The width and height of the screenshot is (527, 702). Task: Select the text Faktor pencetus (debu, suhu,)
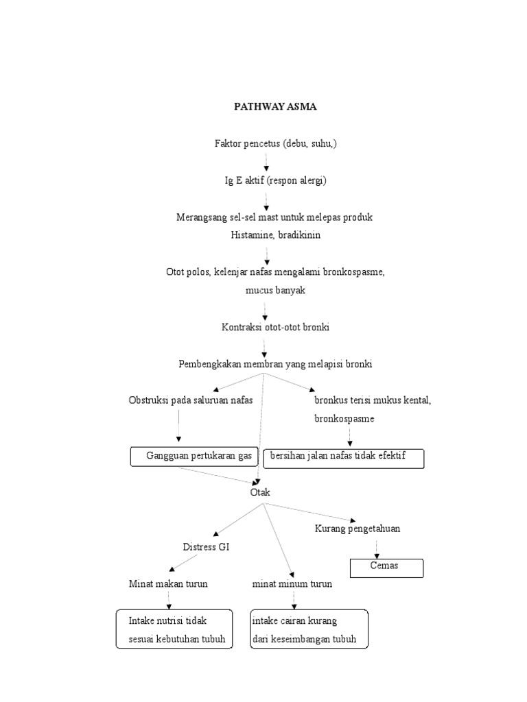coord(275,144)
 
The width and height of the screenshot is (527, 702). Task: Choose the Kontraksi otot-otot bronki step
coord(275,328)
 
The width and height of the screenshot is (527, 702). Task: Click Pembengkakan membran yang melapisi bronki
coord(275,364)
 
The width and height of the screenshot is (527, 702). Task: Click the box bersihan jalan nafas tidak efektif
coord(344,458)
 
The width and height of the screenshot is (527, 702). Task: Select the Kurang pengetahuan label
coord(358,529)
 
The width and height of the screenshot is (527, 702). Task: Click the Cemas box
coord(386,568)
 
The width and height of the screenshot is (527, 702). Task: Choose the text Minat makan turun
coord(168,584)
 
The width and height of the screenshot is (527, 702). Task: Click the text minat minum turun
coord(292,584)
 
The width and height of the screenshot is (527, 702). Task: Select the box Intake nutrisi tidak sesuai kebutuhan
coord(172,630)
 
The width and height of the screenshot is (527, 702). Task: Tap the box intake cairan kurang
coord(309,630)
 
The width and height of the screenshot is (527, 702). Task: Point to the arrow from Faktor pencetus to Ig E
coord(266,162)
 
